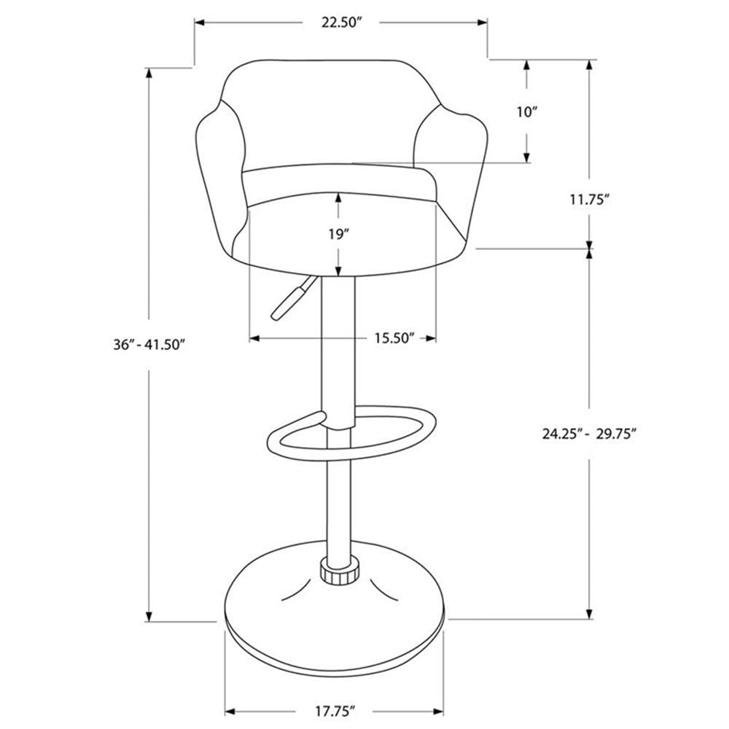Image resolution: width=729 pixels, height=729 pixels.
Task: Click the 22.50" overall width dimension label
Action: [341, 23]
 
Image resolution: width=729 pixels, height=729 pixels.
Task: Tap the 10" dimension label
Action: [527, 112]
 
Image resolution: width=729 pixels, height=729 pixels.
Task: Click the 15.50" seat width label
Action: [395, 338]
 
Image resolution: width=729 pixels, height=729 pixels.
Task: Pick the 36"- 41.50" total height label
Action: [149, 343]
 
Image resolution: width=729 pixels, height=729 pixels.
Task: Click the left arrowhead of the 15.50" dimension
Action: [254, 338]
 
